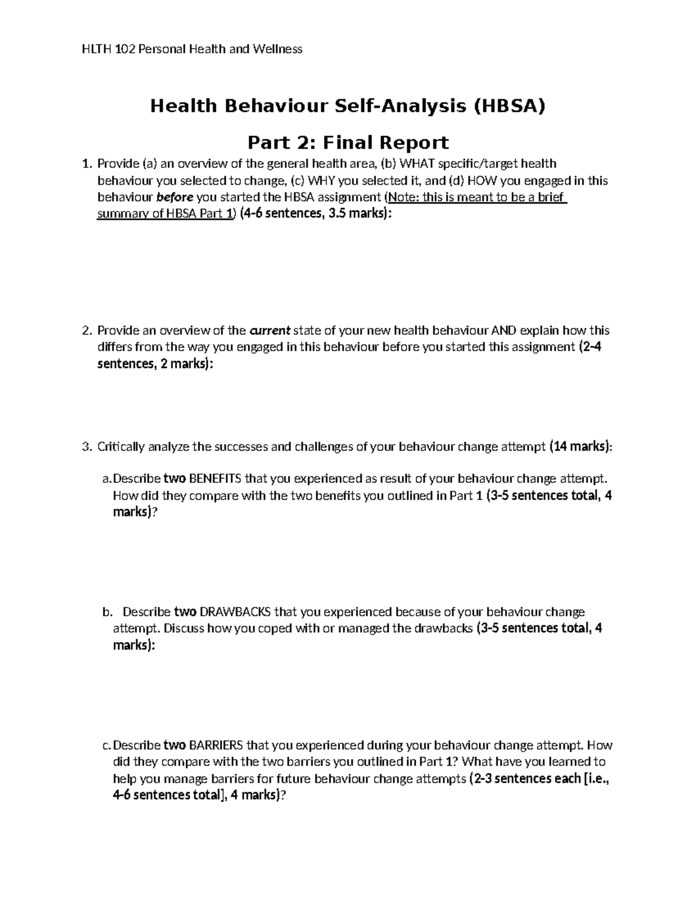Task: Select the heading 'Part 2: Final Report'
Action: coord(348,142)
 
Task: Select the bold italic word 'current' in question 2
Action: coord(270,331)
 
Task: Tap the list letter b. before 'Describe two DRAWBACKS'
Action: coord(106,612)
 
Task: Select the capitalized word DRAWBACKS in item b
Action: coord(235,612)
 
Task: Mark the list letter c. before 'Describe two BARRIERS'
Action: coord(106,745)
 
